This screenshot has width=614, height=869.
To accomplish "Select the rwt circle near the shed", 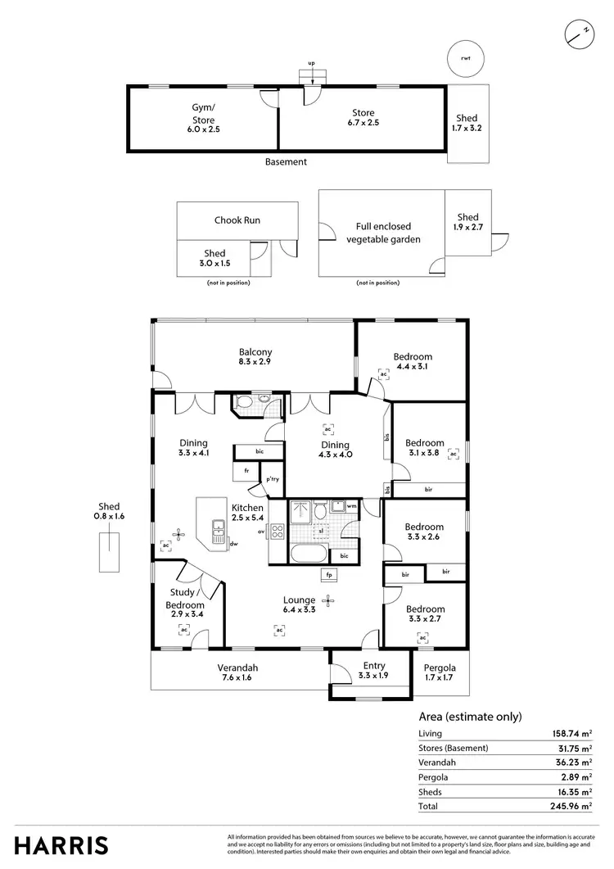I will pos(465,58).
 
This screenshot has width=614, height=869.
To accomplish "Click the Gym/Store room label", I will pos(203,119).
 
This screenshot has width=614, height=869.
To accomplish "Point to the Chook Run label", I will pos(237,220).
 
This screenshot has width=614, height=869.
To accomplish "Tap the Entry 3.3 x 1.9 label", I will pos(372,671).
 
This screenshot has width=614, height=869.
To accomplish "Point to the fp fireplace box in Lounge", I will pos(329,575).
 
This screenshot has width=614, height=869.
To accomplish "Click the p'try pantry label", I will pos(271,479).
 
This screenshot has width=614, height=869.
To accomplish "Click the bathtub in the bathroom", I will pos(308,554).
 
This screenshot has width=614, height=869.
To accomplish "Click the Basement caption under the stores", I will pos(286,162).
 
